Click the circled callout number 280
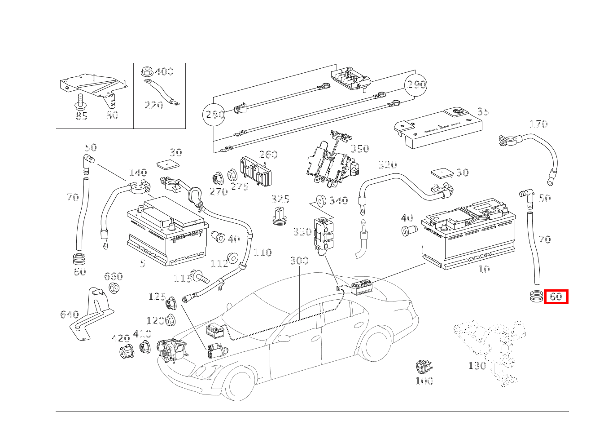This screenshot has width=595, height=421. point(214,115)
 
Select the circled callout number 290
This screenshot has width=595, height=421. point(416,84)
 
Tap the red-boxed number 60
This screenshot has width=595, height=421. point(556,297)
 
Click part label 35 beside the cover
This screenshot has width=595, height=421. point(483,111)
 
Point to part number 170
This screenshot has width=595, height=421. point(538,124)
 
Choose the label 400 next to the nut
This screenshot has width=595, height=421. point(164,71)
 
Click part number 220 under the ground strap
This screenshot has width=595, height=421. point(154,105)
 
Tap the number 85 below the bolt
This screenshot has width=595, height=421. point(81,116)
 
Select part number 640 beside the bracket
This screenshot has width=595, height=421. point(70,315)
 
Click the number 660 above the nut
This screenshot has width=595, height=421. point(114,276)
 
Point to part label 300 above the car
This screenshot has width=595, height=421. point(299,261)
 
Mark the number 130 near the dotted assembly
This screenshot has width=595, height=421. point(477,366)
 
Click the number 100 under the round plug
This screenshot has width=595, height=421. point(424,381)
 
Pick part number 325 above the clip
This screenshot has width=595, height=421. point(280,199)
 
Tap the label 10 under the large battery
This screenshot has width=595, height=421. point(484,269)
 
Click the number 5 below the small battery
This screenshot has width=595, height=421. point(143,264)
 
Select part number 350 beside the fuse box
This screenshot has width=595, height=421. point(359,149)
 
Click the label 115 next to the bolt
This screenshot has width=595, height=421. point(183,279)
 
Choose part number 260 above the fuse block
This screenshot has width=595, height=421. point(268,155)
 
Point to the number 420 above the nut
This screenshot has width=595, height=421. point(121,338)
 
